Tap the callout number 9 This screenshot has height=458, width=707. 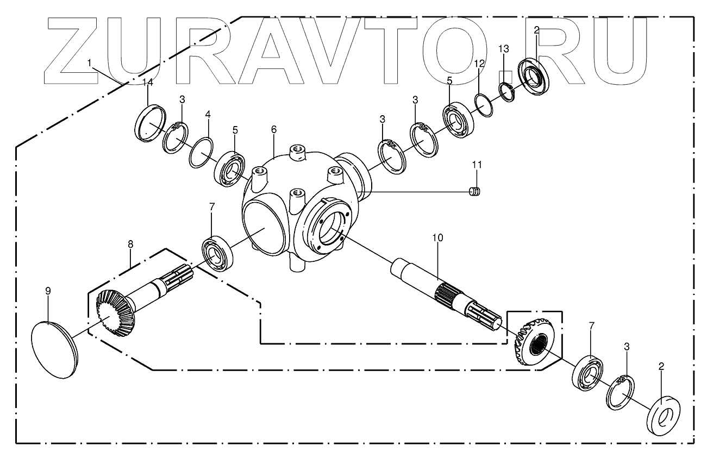[x=48, y=291]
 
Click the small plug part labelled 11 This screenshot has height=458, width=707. [x=476, y=192]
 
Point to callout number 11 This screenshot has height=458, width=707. [x=477, y=164]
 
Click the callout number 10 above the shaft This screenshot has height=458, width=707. [x=438, y=238]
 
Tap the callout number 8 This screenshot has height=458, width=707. [x=130, y=245]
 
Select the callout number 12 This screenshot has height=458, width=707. [x=479, y=64]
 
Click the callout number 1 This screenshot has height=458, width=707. [x=90, y=64]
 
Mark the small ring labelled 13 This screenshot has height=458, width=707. [x=507, y=91]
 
